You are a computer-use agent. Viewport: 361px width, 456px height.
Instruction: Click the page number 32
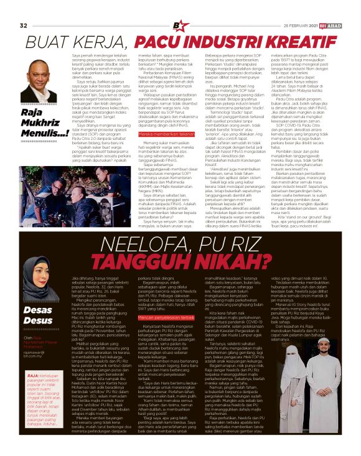[x=24, y=8]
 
